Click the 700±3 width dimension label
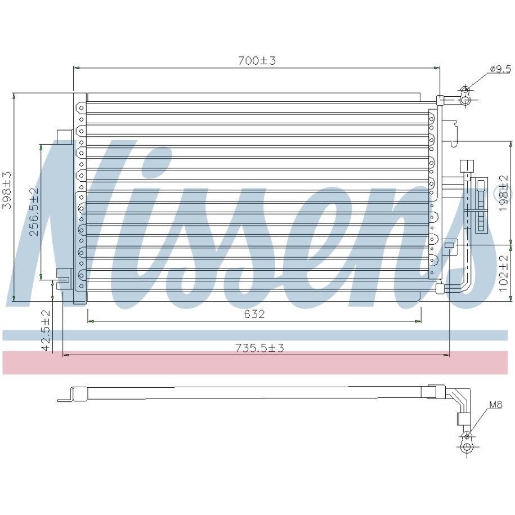pyautogui.click(x=257, y=61)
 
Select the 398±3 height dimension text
pyautogui.click(x=7, y=190)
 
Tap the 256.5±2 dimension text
pyautogui.click(x=34, y=212)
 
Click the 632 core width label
pyautogui.click(x=254, y=314)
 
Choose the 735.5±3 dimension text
pyautogui.click(x=259, y=348)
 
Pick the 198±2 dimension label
pyautogui.click(x=503, y=193)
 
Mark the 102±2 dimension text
pyautogui.click(x=503, y=274)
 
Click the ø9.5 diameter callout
pyautogui.click(x=500, y=69)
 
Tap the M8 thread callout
pyautogui.click(x=496, y=405)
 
